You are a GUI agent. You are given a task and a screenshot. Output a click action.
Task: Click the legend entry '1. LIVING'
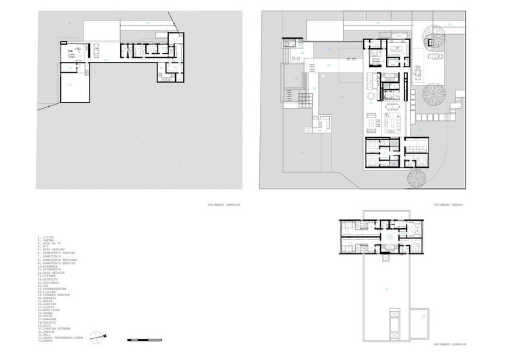(45, 237)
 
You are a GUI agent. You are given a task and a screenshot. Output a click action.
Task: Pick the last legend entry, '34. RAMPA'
(47, 341)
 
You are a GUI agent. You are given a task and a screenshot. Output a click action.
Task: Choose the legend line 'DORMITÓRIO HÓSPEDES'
(58, 259)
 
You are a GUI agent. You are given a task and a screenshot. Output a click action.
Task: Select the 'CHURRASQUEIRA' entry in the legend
(52, 289)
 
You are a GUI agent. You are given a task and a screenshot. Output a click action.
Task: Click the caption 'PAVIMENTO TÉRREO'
(448, 204)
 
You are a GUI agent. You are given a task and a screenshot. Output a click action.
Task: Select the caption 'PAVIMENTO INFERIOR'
(224, 204)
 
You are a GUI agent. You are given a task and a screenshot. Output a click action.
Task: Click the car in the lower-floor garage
(97, 52)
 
